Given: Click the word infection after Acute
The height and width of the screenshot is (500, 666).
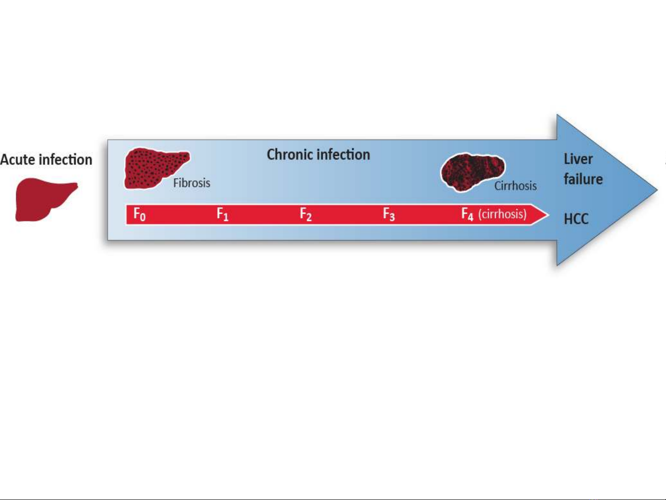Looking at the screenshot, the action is coord(66,160).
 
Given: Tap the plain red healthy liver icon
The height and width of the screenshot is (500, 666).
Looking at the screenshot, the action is coord(46,200).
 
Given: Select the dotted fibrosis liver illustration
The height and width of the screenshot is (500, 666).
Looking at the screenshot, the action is coord(156,168).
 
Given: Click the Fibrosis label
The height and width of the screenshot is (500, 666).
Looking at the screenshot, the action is coord(191,183).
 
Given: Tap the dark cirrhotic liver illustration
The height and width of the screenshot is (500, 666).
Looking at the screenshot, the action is coord(472,172).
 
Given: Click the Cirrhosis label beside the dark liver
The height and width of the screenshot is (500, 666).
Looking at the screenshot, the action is coord(515,186).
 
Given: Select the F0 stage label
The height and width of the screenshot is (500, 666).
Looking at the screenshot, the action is coord(140,214).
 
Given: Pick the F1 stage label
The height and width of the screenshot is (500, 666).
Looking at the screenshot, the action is coord(222,214).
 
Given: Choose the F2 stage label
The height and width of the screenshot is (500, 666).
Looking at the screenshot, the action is coord(306,214).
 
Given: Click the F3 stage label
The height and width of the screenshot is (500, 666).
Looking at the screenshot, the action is coord(389,214).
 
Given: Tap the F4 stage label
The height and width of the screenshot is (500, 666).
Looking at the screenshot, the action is coord(467,214).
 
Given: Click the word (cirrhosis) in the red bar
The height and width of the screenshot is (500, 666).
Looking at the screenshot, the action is coord(502,214).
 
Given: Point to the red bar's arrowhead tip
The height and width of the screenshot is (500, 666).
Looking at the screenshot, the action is coord(549,215).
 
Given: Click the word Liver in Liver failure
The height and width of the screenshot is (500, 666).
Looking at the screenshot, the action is coord(578,159).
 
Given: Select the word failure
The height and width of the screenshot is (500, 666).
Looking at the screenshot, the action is coord(583,179).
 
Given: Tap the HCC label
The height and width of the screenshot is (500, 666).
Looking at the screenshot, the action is coord(576,219).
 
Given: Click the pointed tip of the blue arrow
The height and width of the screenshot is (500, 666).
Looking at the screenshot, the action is coord(657,191).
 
